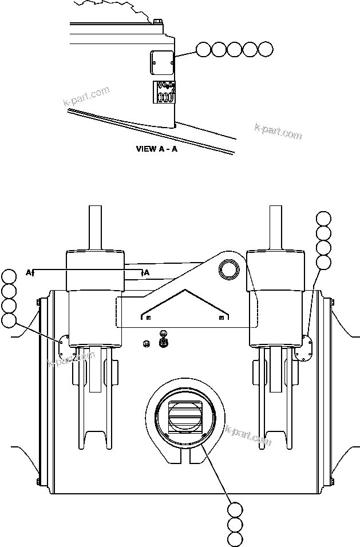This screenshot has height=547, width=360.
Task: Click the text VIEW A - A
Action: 157,149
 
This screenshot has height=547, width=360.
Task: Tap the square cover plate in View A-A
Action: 162,62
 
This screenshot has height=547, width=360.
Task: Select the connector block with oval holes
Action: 165,92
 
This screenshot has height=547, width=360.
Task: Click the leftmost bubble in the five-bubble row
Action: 203,50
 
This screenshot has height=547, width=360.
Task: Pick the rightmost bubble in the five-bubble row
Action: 266,50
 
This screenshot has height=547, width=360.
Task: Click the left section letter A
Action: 29,272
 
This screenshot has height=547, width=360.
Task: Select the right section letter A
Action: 147,272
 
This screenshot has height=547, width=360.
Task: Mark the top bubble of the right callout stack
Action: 324,219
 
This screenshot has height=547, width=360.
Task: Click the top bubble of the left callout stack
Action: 9,277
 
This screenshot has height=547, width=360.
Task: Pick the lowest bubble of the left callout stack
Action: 9,320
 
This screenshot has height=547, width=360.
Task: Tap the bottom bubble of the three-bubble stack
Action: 235,539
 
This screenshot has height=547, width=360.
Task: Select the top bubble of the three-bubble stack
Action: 235,510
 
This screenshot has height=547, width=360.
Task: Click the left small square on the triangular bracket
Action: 148,317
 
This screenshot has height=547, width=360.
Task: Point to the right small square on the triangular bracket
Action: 220,317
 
